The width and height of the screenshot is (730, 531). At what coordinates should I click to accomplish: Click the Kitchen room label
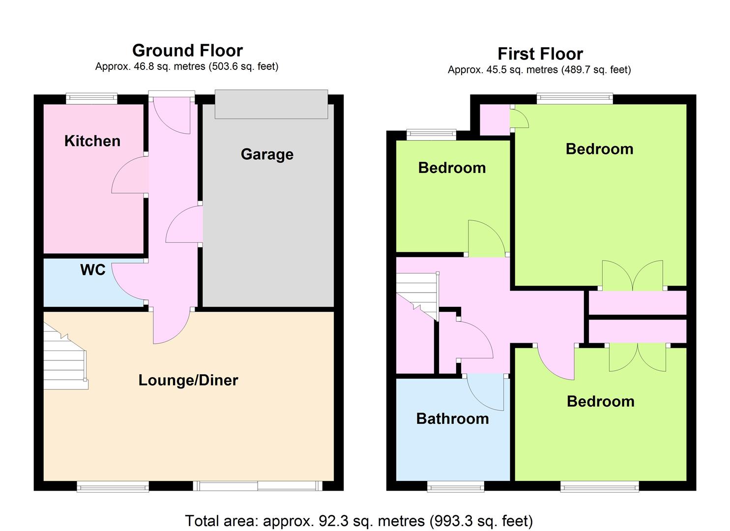pos(92,141)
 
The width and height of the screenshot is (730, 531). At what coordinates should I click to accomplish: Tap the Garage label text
pos(267,154)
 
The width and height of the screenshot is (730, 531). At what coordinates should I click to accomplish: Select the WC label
pos(93,270)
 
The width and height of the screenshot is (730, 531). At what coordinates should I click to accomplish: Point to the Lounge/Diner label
pos(188,380)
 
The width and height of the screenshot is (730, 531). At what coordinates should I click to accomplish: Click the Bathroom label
pos(452,419)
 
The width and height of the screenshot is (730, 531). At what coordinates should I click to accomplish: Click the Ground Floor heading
pos(187,51)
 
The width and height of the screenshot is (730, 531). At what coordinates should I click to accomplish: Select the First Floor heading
pos(540,54)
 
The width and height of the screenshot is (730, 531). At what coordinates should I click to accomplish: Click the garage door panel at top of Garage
pos(271,104)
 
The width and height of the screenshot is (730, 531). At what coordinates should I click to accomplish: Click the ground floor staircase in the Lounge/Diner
pos(65,356)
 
